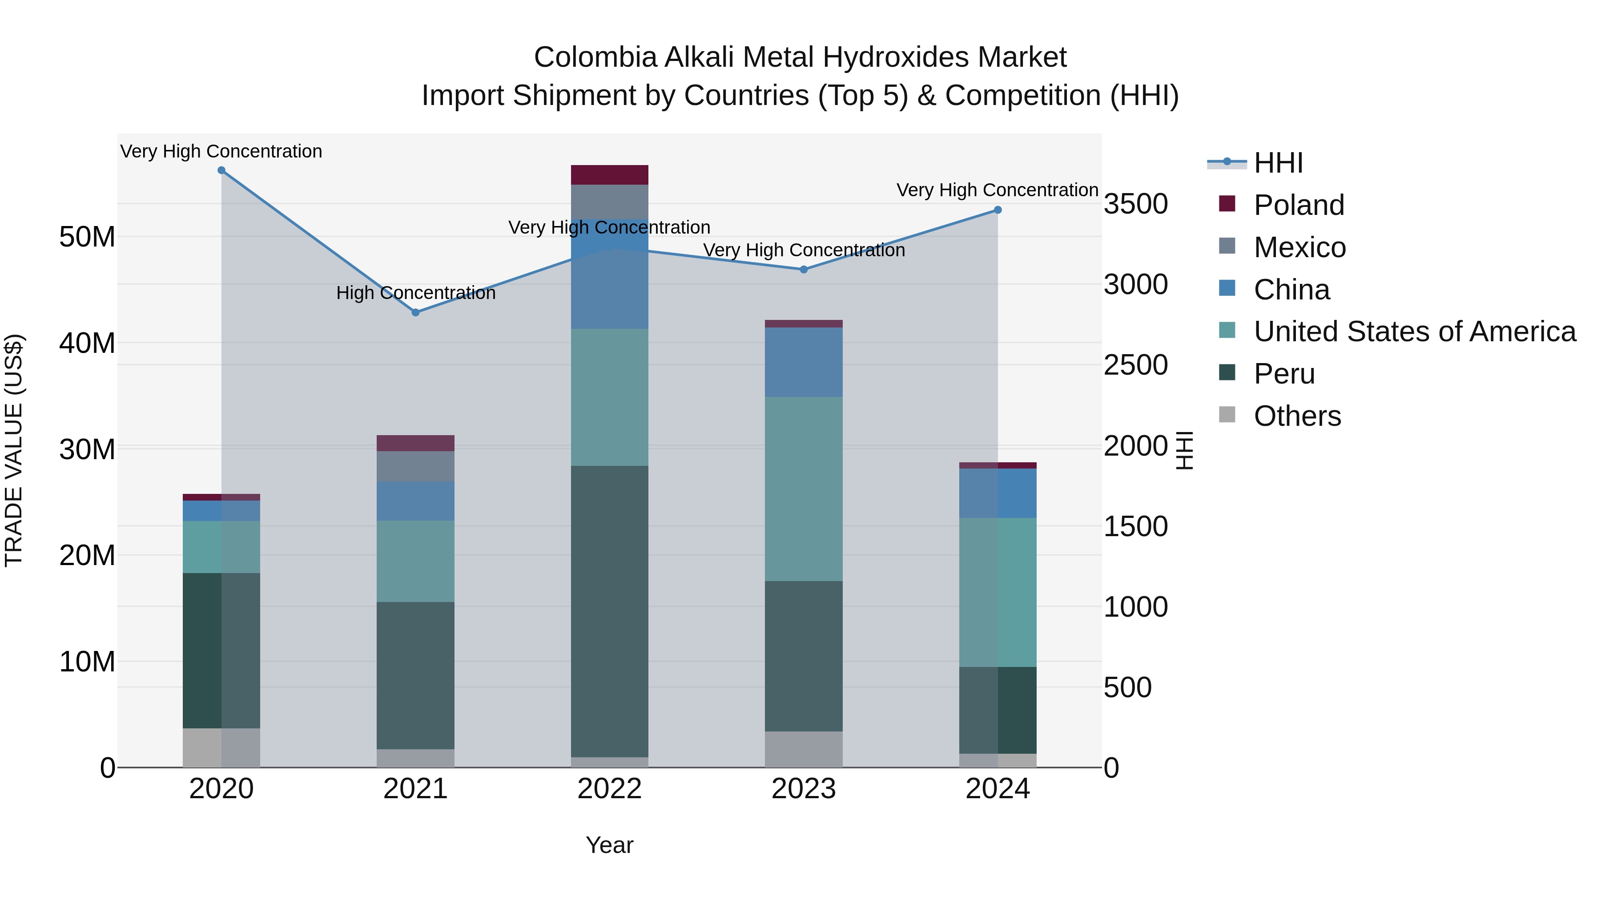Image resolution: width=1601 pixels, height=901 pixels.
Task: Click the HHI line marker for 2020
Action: pos(221,170)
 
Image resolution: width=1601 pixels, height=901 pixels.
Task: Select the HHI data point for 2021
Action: pos(416,312)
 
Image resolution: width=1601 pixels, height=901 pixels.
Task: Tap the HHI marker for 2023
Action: pos(804,269)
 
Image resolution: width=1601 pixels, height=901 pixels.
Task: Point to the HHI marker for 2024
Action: pos(998,210)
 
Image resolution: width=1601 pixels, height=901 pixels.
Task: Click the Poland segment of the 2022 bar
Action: pos(609,175)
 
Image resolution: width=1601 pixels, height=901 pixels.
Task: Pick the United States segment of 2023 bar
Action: pos(804,489)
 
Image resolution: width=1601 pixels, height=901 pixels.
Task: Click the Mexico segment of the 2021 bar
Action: pos(416,466)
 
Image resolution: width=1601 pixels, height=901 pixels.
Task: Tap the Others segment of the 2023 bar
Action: pos(804,749)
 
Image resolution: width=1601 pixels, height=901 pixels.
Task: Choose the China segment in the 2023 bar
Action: pos(804,362)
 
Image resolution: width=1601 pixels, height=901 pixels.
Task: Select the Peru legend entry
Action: pos(1283,374)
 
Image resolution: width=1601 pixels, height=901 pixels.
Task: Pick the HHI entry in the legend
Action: pos(1278,163)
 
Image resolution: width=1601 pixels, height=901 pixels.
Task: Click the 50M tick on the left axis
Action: pos(87,237)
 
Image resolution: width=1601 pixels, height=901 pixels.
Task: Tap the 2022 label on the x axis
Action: pos(609,789)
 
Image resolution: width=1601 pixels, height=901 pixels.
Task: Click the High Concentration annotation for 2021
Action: pos(416,293)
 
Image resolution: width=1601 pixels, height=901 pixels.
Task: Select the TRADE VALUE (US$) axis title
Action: pos(14,450)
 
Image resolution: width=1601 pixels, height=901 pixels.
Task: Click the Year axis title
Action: pos(609,845)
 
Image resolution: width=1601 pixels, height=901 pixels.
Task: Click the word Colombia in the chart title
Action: pos(595,57)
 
